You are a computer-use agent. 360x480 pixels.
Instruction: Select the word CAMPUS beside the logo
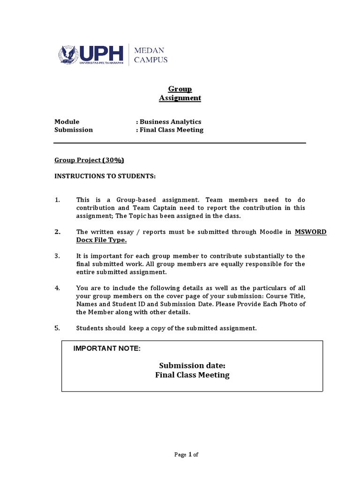pyautogui.click(x=151, y=60)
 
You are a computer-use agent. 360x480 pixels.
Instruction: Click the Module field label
pyautogui.click(x=67, y=121)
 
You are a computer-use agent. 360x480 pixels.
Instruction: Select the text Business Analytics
pyautogui.click(x=171, y=121)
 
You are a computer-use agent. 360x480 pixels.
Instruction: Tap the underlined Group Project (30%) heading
pyautogui.click(x=89, y=160)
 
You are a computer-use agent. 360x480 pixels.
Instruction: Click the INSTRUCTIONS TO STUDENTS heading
pyautogui.click(x=105, y=176)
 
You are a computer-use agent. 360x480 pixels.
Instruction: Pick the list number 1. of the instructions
pyautogui.click(x=58, y=200)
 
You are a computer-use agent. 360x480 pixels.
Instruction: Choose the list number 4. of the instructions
pyautogui.click(x=58, y=288)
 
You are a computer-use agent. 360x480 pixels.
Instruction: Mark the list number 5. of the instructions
pyautogui.click(x=58, y=328)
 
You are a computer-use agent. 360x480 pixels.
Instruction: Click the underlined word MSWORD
pyautogui.click(x=310, y=232)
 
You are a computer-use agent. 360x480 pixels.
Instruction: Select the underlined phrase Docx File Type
pyautogui.click(x=101, y=240)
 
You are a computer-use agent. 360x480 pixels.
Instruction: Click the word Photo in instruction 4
pyautogui.click(x=286, y=304)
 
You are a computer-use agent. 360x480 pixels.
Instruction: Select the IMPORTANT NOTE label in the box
pyautogui.click(x=107, y=348)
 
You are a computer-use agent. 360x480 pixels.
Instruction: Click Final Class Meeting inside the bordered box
pyautogui.click(x=192, y=375)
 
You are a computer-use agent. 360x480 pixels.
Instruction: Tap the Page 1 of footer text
pyautogui.click(x=187, y=454)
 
